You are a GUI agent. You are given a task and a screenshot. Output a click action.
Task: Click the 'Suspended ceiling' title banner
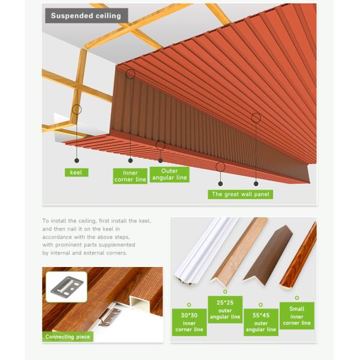[x=86, y=16]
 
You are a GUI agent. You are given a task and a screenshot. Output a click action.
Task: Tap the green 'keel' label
[x=76, y=172]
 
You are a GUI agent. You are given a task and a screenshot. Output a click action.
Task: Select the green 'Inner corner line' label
[x=130, y=176]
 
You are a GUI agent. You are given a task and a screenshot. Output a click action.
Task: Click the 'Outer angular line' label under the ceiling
[x=170, y=175]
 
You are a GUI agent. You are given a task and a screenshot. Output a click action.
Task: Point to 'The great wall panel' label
[x=241, y=194]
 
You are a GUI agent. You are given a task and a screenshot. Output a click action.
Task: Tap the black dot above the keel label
[x=77, y=161]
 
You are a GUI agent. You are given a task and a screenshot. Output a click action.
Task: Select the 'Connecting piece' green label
[x=68, y=337]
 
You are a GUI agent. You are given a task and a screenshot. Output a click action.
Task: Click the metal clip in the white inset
[x=67, y=286]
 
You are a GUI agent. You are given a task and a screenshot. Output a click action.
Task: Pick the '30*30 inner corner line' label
[x=190, y=322]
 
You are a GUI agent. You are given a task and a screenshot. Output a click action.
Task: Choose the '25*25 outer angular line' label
[x=225, y=310]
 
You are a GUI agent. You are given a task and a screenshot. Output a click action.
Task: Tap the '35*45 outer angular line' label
[x=261, y=322]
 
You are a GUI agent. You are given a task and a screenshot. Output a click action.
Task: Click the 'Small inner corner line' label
[x=297, y=316]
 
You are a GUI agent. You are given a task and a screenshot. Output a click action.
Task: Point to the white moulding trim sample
[x=205, y=251]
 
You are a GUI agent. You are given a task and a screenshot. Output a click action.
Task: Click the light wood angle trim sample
[x=239, y=251]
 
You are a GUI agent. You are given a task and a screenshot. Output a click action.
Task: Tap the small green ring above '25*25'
[x=225, y=292]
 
